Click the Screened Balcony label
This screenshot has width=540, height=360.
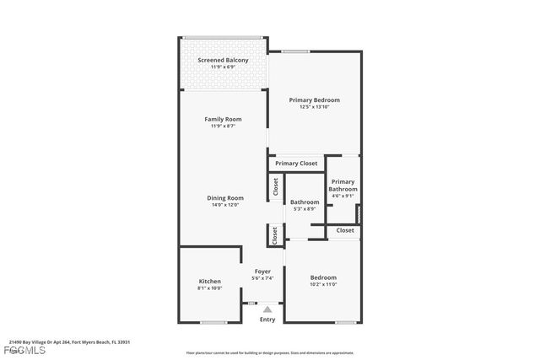pyautogui.click(x=223, y=61)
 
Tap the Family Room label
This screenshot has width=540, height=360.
pyautogui.click(x=223, y=119)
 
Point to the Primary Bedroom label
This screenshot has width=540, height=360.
pyautogui.click(x=315, y=99)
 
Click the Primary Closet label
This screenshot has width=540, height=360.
pyautogui.click(x=296, y=163)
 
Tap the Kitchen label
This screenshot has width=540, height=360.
pyautogui.click(x=209, y=281)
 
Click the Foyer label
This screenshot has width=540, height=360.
pyautogui.click(x=263, y=271)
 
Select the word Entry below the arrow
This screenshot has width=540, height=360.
pyautogui.click(x=267, y=320)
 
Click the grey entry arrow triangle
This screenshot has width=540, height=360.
pyautogui.click(x=267, y=309)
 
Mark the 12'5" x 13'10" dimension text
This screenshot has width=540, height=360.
pyautogui.click(x=315, y=106)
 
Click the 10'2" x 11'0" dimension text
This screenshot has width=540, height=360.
pyautogui.click(x=322, y=285)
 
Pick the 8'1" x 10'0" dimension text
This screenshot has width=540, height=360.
pyautogui.click(x=209, y=288)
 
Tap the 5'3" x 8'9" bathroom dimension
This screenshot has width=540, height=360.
pyautogui.click(x=305, y=209)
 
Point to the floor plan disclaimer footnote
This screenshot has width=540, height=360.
pyautogui.click(x=270, y=353)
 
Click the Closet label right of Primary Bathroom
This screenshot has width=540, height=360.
pyautogui.click(x=345, y=230)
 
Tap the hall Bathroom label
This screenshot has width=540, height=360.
pyautogui.click(x=305, y=202)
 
